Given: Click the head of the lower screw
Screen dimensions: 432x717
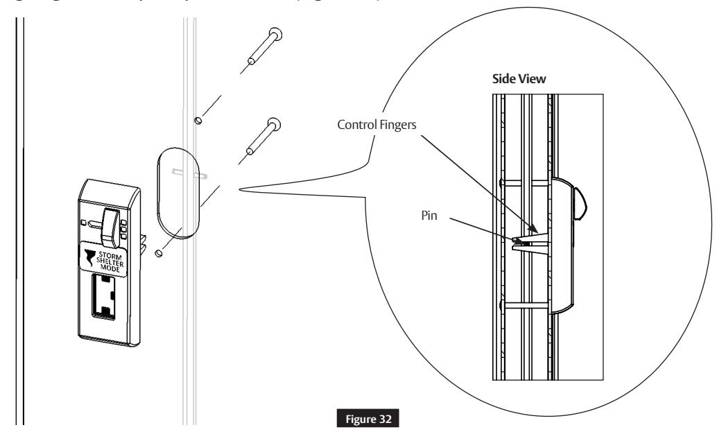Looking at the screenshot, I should point(275,125).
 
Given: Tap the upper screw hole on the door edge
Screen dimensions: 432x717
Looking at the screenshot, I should point(198,120).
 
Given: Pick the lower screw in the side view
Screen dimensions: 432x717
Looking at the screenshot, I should point(525,303).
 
